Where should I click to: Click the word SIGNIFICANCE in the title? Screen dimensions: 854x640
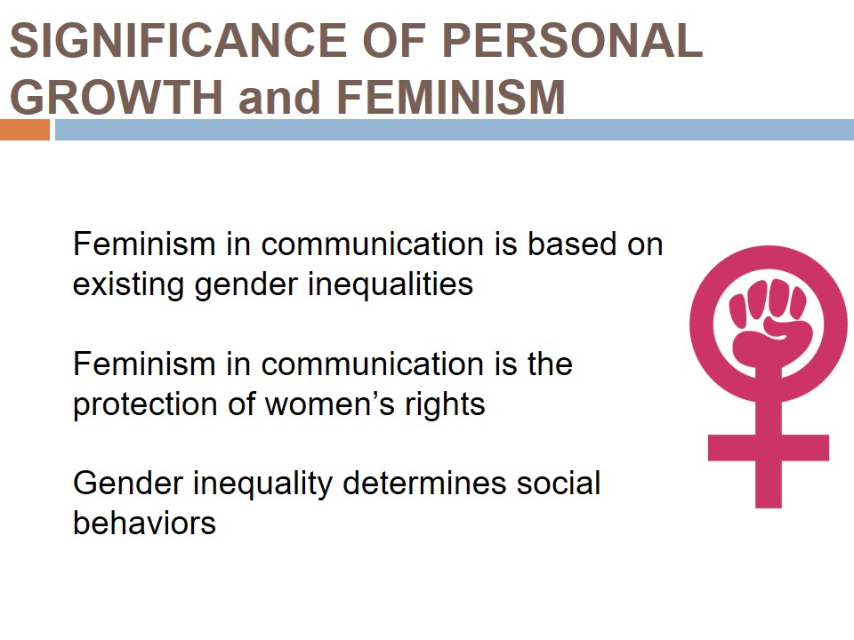click(x=179, y=40)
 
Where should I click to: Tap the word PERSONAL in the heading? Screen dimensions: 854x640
click(x=572, y=40)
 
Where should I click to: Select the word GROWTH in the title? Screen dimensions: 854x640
click(x=117, y=97)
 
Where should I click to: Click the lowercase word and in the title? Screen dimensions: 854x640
click(x=278, y=98)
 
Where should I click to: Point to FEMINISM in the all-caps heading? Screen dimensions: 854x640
click(x=451, y=97)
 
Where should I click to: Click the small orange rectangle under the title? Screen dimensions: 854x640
click(x=25, y=130)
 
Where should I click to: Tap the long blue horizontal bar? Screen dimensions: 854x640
click(x=455, y=130)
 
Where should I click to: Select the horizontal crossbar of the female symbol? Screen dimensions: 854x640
click(x=768, y=447)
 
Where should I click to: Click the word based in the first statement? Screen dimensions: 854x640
click(x=572, y=244)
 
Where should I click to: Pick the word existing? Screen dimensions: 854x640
click(x=131, y=285)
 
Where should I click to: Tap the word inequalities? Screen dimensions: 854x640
click(x=390, y=284)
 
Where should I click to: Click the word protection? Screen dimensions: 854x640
click(x=145, y=405)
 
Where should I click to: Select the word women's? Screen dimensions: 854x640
click(x=329, y=405)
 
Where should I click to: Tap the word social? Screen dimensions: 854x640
click(x=559, y=483)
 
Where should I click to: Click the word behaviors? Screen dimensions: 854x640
click(x=144, y=523)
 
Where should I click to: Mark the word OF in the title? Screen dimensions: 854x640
click(x=394, y=40)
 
